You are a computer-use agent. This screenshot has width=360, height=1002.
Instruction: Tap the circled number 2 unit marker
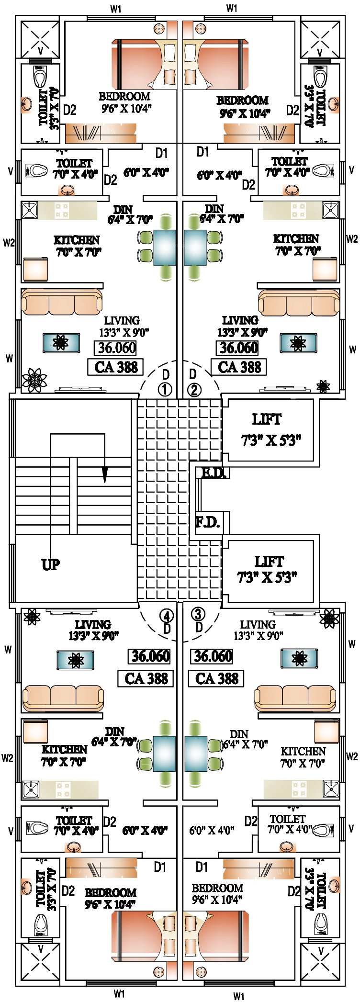point(194,390)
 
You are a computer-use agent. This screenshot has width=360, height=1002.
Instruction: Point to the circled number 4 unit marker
point(167,615)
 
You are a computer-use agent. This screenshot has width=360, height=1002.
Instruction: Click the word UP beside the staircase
point(51,564)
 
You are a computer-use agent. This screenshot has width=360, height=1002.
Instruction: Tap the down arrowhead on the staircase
point(104,474)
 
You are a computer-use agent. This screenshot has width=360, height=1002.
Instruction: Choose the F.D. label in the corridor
point(208,522)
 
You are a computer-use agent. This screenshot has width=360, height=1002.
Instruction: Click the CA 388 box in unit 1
point(116,367)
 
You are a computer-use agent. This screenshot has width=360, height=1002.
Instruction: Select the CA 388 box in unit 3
point(217,678)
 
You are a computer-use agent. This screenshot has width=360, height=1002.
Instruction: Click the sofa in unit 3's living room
point(295,698)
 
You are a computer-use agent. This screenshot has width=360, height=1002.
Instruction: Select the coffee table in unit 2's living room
point(298,343)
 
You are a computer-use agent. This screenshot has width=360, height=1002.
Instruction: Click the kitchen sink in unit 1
point(30,210)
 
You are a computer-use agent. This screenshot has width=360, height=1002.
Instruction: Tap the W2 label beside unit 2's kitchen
point(352,238)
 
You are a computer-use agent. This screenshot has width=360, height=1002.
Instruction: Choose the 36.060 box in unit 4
point(151,656)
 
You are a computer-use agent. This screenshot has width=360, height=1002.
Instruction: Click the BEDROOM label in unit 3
point(217,888)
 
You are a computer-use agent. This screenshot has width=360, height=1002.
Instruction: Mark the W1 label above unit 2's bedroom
point(232,8)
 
